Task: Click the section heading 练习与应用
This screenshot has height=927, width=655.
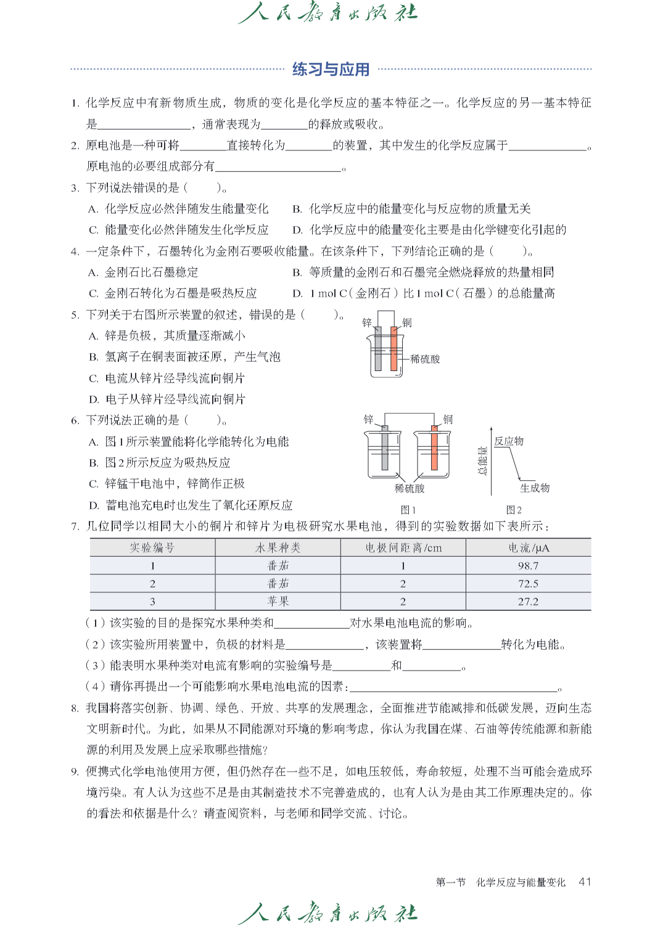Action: click(331, 69)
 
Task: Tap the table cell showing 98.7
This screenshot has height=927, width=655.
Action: click(528, 566)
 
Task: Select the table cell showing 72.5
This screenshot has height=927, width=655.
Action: click(528, 584)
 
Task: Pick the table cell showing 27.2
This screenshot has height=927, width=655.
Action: click(528, 602)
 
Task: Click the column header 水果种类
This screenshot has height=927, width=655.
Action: click(278, 548)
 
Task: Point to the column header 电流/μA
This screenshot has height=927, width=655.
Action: click(528, 548)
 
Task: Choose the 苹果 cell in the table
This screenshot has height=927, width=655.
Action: click(278, 602)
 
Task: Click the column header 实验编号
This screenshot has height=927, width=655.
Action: click(152, 548)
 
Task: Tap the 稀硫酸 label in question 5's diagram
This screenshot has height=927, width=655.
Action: click(425, 359)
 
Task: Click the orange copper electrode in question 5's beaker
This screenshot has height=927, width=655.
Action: click(393, 348)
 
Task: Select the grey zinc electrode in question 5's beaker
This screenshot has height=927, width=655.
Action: click(378, 348)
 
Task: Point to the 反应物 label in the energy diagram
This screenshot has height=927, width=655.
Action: click(509, 441)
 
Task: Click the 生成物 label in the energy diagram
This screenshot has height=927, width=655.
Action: click(535, 488)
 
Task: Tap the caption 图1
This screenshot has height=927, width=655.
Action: click(408, 510)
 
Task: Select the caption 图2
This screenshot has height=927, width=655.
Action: click(514, 510)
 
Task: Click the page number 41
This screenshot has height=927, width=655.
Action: click(585, 882)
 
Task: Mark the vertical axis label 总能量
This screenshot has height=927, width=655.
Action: click(482, 460)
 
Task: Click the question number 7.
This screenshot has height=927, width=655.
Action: click(75, 526)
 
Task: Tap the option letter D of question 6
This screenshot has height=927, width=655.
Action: click(94, 505)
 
